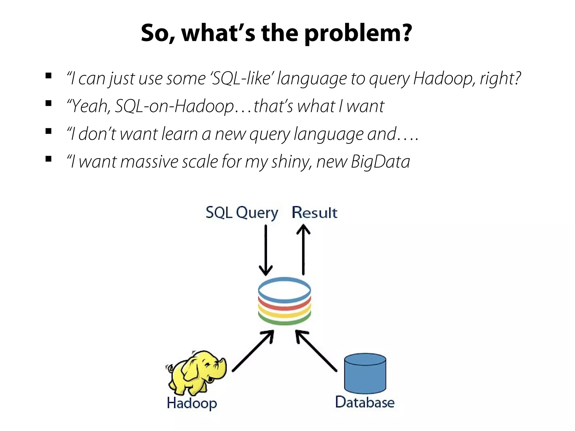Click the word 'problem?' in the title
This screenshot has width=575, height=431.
358,33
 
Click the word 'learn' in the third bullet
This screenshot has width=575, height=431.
180,134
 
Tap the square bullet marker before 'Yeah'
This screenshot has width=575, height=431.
49,104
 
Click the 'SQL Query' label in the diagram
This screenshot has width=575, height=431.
242,213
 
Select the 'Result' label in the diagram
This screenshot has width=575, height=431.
314,213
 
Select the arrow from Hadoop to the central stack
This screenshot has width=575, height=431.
253,351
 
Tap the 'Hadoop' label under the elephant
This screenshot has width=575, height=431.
192,403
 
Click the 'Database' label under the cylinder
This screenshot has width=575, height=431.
365,402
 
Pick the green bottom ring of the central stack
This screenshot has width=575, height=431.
284,322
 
